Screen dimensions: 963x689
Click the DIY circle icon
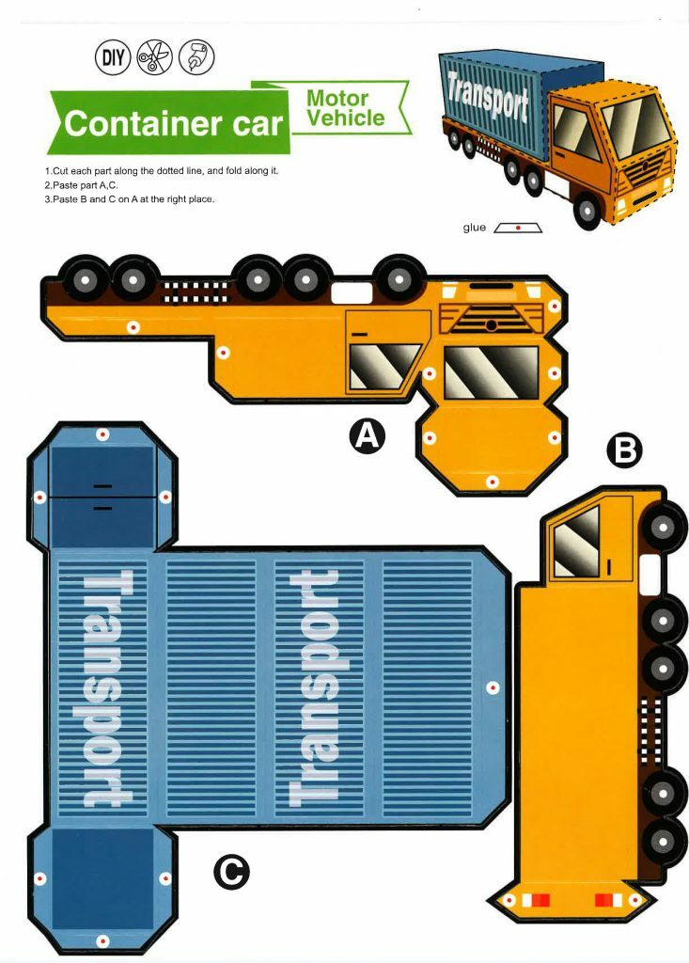113,57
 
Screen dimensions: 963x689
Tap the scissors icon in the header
154,57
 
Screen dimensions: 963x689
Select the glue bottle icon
196,57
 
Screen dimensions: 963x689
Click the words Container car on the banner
173,123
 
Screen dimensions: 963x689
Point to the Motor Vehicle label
345,109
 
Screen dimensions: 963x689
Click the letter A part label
368,435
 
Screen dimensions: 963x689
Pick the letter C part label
231,872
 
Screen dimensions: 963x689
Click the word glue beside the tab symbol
475,228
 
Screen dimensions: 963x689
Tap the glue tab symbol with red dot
518,228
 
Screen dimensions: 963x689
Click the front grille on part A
492,321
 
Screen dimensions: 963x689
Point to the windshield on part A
491,371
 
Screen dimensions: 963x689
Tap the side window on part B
576,542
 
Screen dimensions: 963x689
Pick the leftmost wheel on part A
86,279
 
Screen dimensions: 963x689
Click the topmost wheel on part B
664,528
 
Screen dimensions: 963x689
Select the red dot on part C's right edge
493,688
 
